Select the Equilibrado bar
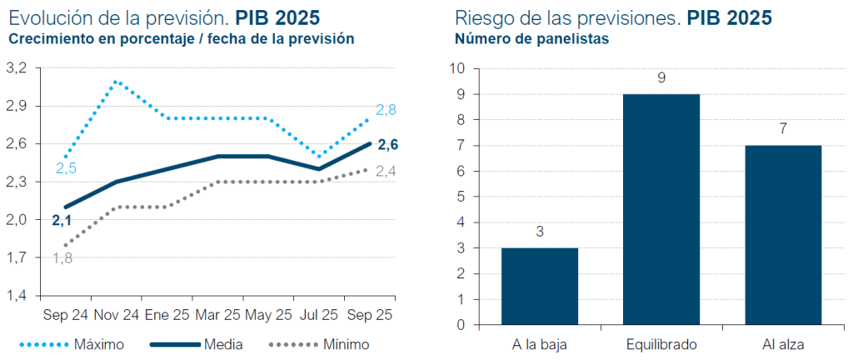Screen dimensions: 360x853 point(661,209)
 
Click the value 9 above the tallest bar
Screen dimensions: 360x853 point(661,78)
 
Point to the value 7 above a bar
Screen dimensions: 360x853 point(784,129)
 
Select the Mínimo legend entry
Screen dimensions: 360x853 point(320,343)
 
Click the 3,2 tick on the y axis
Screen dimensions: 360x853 point(17,67)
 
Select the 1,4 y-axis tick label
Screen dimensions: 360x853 point(17,296)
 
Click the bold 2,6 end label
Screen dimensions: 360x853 point(388,145)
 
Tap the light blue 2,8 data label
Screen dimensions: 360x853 point(386,110)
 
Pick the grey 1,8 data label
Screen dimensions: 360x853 point(62,258)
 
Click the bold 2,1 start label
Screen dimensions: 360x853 point(62,221)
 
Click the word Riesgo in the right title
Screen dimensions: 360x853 point(481,17)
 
